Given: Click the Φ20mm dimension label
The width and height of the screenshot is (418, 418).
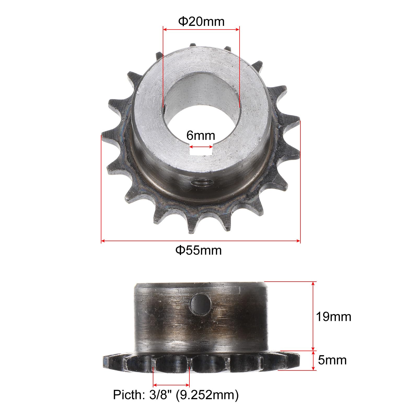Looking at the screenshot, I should [x=201, y=22].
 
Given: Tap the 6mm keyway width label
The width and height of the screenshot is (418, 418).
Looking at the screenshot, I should [x=201, y=136].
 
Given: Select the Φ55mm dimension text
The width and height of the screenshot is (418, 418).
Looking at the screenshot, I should [x=199, y=250].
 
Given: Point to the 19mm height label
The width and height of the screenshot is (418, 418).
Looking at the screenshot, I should [x=333, y=317].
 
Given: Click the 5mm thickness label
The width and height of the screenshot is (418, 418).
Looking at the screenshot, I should [x=332, y=360].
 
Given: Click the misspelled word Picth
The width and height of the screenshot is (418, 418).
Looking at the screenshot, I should [x=127, y=395].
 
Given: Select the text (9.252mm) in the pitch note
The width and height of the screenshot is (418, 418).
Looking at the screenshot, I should [x=207, y=395].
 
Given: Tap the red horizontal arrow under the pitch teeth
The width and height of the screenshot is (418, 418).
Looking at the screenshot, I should [x=171, y=385].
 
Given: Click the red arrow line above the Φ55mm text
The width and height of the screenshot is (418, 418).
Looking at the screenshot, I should [x=201, y=241].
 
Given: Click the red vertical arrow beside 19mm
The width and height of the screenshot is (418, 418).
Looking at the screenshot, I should [x=313, y=316].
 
